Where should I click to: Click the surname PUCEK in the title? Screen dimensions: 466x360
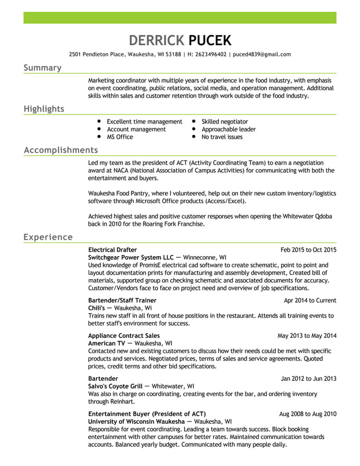[x=209, y=40]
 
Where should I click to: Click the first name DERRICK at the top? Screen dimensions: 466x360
[x=156, y=40]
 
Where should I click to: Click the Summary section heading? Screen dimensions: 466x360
[x=42, y=68]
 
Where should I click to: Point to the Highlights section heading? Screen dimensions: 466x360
[x=43, y=109]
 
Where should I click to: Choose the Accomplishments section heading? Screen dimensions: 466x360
[x=60, y=150]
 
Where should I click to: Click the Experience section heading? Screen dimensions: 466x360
[x=48, y=237]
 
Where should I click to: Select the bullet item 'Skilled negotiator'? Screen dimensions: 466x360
[x=225, y=122]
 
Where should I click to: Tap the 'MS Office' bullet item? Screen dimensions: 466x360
[x=120, y=137]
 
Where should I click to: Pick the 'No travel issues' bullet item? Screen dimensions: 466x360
[x=222, y=137]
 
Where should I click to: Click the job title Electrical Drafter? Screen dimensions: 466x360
[x=112, y=249]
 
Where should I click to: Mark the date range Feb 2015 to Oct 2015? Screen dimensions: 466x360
[x=308, y=249]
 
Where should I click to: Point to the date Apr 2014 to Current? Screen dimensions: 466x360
[x=310, y=300]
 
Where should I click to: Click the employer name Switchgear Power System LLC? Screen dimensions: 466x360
[x=131, y=257]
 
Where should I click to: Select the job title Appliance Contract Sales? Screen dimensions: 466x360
[x=124, y=336]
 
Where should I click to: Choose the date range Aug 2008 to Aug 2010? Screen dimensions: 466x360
[x=308, y=414]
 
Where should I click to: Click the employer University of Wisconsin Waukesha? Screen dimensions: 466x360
[x=136, y=421]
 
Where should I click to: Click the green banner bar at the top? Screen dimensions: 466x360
[x=179, y=17]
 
